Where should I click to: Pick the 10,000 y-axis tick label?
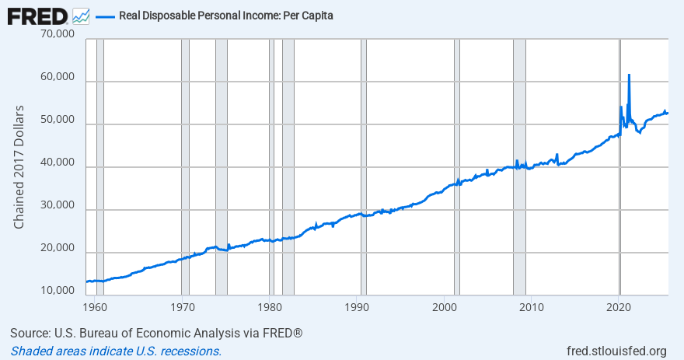[58, 291]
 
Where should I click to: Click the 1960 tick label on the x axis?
[94, 305]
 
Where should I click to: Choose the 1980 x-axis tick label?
[269, 305]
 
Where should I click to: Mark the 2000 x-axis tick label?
[444, 305]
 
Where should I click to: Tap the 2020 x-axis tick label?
[619, 305]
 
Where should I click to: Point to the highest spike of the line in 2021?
[629, 75]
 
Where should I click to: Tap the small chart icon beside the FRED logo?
[80, 15]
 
